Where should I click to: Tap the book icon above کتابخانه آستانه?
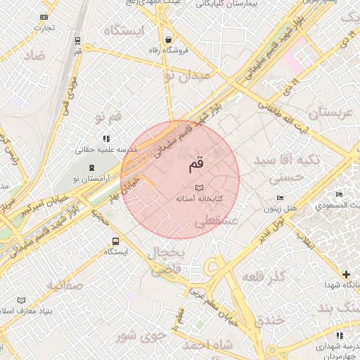click(x=199, y=188)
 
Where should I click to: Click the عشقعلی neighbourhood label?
click(x=217, y=221)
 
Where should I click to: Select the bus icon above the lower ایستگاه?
click(x=115, y=240)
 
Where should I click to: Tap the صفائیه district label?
click(x=65, y=285)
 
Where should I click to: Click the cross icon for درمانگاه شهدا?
click(x=345, y=274)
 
